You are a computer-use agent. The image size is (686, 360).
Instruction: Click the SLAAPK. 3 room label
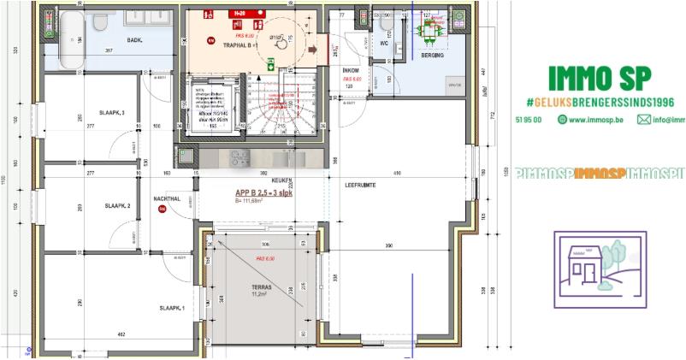(112, 113)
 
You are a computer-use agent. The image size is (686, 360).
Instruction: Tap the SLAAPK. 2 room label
(117, 206)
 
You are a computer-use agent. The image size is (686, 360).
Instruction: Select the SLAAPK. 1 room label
(172, 308)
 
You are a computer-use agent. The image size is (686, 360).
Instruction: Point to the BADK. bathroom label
(111, 40)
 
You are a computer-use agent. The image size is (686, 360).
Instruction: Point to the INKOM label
(350, 71)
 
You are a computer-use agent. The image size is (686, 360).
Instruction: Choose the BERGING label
(432, 54)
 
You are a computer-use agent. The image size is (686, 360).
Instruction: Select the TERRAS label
(261, 288)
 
